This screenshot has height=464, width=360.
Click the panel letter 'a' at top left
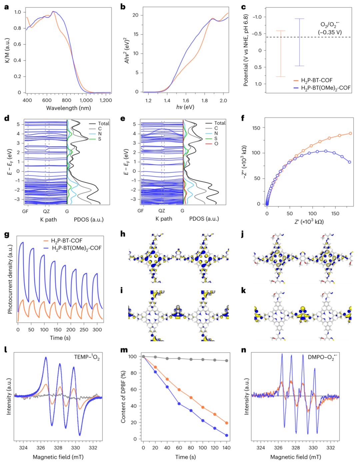[x=6, y=7]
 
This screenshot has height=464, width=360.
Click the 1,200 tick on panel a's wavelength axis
[x=105, y=100]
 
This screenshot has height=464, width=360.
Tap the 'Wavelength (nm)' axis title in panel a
[x=68, y=108]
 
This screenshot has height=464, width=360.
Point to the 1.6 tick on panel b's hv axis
[x=186, y=100]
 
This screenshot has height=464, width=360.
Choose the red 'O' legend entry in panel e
[x=216, y=144]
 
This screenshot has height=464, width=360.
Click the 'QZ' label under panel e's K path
[x=162, y=211]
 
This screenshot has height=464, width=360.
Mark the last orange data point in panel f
[x=350, y=133]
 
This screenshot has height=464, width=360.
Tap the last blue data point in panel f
[x=349, y=162]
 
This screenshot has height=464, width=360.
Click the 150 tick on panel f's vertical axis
[x=256, y=128]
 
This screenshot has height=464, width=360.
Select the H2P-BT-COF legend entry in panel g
[x=66, y=240]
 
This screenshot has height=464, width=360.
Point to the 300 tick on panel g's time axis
[x=97, y=329]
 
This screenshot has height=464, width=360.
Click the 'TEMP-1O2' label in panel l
[x=87, y=357]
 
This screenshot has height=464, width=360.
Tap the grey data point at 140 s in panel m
[x=227, y=361]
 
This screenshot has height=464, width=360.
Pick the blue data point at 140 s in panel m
[x=227, y=435]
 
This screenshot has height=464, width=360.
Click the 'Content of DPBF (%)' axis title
[x=124, y=397]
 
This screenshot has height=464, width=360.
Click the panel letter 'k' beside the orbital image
[x=244, y=291]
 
